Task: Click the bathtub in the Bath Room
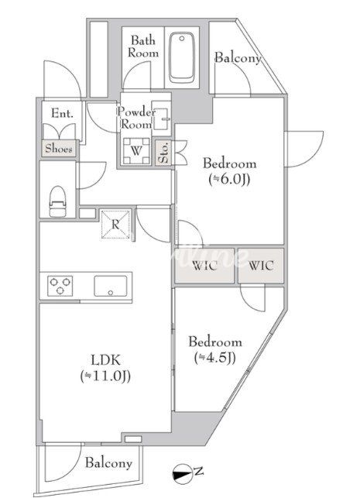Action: pyautogui.click(x=182, y=57)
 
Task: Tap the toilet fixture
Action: pyautogui.click(x=57, y=201)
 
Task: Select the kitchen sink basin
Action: pyautogui.click(x=110, y=286)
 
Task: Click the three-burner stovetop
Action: pyautogui.click(x=60, y=286)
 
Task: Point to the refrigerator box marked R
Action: pyautogui.click(x=115, y=225)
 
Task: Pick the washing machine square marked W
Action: pyautogui.click(x=136, y=150)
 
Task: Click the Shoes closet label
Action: pyautogui.click(x=58, y=149)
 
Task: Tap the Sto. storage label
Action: pyautogui.click(x=163, y=153)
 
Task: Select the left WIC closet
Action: pyautogui.click(x=204, y=266)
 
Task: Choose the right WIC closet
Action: pyautogui.click(x=261, y=266)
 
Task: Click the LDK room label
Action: pyautogui.click(x=106, y=360)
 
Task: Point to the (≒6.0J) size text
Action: pyautogui.click(x=229, y=180)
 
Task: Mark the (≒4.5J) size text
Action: pyautogui.click(x=215, y=358)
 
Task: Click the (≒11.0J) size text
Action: pyautogui.click(x=105, y=376)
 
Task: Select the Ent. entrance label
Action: pyautogui.click(x=62, y=113)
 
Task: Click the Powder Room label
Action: pyautogui.click(x=136, y=118)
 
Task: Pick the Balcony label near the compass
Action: pyautogui.click(x=108, y=463)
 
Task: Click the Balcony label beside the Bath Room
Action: pyautogui.click(x=238, y=58)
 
